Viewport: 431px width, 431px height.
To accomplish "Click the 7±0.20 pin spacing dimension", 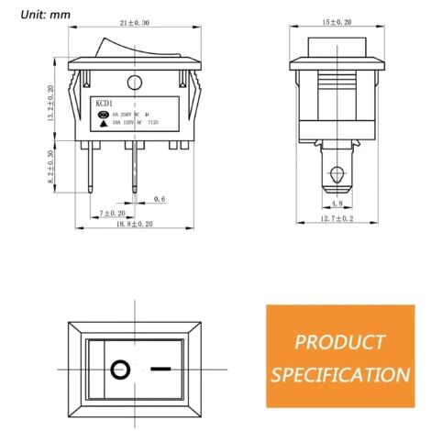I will click(x=112, y=212).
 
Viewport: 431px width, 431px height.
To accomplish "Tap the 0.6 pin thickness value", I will click(x=160, y=198).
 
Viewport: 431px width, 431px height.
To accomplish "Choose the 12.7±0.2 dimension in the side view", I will click(x=337, y=219).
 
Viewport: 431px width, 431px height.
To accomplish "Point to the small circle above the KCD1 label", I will click(x=135, y=83).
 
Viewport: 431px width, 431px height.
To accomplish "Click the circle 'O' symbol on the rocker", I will click(x=118, y=371).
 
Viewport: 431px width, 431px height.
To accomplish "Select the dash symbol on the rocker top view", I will click(x=161, y=371).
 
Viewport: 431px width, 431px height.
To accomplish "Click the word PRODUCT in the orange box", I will click(x=339, y=344).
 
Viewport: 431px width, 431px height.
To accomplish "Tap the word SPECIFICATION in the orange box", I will click(x=339, y=374).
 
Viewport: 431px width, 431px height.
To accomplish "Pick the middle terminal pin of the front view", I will click(x=136, y=165).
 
